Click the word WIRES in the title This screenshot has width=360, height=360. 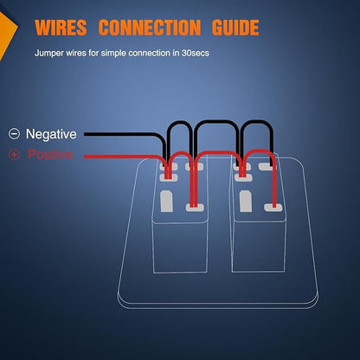[x=61, y=28]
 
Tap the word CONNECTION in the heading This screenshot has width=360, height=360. [x=150, y=28]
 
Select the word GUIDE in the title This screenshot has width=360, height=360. [x=235, y=28]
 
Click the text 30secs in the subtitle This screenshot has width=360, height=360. [x=196, y=53]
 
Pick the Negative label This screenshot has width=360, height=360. [x=51, y=134]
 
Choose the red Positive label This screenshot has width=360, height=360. [x=50, y=154]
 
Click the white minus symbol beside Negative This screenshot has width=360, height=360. [x=14, y=134]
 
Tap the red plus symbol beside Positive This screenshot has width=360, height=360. [x=14, y=155]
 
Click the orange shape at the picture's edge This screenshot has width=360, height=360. [x=6, y=32]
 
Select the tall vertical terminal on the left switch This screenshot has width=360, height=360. [x=167, y=202]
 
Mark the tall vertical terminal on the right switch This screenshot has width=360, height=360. [x=246, y=202]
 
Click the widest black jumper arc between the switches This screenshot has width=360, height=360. [x=217, y=122]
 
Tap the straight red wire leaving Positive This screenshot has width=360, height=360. [x=121, y=157]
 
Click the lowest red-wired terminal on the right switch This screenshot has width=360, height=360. [x=273, y=207]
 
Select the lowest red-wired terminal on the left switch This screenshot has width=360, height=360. [x=195, y=207]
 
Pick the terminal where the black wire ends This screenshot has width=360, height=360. [x=267, y=166]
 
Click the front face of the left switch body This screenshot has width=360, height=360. [x=180, y=247]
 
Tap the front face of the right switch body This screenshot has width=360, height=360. [x=259, y=247]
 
